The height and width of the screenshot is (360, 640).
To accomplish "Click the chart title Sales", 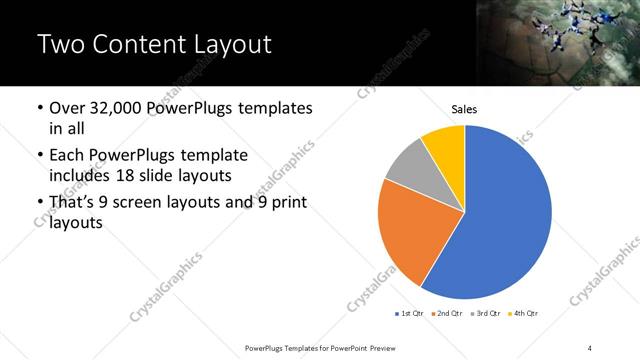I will coord(464,109).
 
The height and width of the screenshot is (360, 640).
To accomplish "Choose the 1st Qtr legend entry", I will coord(411,314).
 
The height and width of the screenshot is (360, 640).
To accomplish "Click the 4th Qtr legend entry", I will coord(523,314).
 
